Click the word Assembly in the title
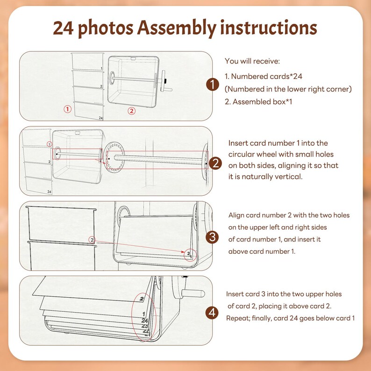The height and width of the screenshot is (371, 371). point(177,28)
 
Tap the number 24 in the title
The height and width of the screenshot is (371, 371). point(63,28)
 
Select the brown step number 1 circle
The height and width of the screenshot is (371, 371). point(213,85)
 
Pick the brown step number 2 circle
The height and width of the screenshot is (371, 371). point(215,163)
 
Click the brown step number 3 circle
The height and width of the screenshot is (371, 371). point(212,237)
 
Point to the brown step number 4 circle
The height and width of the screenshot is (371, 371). point(212,313)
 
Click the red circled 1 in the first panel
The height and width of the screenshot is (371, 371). point(67,109)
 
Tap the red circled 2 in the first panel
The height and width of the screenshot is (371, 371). point(132,111)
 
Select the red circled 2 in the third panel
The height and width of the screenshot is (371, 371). point(92,240)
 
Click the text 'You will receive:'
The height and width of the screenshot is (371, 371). point(252,61)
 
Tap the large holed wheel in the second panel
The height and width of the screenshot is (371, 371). point(115,157)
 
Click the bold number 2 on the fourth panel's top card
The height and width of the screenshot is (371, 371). point(142,299)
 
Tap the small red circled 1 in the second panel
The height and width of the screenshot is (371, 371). point(49,144)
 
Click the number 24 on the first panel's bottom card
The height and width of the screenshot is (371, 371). point(101,118)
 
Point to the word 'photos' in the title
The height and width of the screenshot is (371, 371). point(106,29)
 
